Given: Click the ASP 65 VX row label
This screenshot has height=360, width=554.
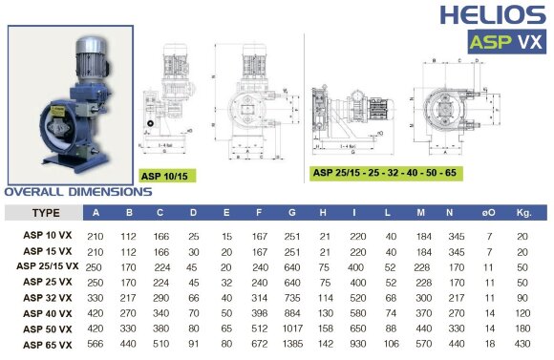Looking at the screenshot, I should pos(46,342).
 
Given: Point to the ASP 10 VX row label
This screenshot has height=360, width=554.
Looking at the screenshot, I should pos(46,234).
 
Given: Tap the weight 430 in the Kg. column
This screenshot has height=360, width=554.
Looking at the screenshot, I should pos(522,342).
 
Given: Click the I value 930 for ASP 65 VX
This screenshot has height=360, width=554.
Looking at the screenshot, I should pos(358,342).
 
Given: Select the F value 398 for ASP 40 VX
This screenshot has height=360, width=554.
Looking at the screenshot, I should pos(259,312).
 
